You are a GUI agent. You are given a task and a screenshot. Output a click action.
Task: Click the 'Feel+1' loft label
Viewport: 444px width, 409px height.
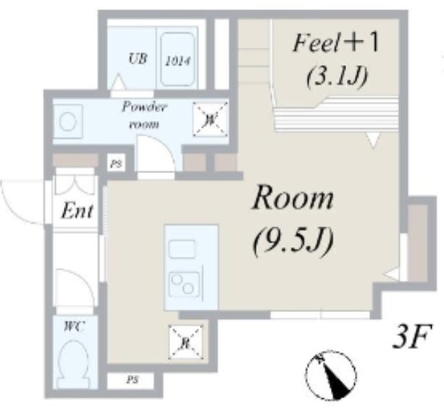(x=335, y=44)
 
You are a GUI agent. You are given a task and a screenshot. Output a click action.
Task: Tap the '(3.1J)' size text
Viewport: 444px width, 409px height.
(x=335, y=73)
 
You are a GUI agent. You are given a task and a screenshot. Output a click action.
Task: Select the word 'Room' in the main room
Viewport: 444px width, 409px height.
(x=293, y=198)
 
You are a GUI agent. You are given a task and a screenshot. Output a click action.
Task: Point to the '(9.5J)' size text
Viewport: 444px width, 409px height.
(x=293, y=242)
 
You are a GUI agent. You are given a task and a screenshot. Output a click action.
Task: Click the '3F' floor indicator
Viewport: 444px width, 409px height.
(x=411, y=337)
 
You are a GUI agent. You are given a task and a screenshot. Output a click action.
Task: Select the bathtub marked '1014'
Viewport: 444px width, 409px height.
(x=177, y=59)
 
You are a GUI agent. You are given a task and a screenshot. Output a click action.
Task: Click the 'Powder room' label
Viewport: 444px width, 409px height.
(x=143, y=115)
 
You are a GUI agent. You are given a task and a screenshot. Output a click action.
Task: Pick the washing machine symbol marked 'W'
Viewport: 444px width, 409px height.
(x=209, y=118)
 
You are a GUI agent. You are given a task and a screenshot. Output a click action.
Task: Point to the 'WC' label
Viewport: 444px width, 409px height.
(x=74, y=327)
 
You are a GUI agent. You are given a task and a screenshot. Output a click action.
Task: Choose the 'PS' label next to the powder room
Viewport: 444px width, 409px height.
(x=115, y=164)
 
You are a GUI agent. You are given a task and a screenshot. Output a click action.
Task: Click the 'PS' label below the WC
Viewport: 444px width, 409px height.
(x=132, y=379)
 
